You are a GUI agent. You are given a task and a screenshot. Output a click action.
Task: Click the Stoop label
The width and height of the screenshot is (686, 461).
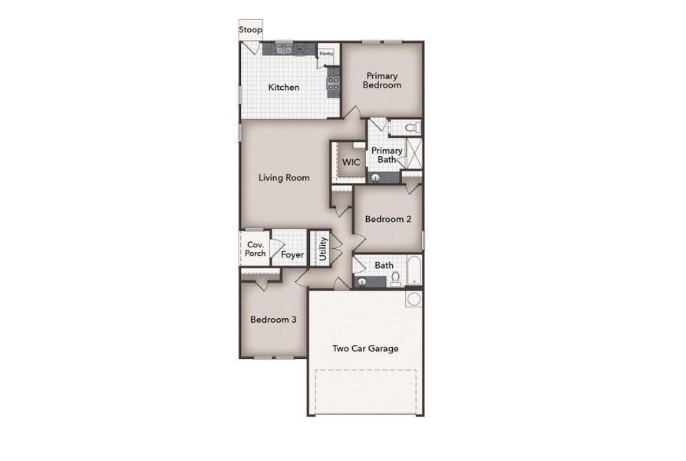click(250, 30)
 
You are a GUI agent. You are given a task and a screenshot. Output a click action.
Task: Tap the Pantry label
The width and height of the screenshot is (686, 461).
click(325, 54)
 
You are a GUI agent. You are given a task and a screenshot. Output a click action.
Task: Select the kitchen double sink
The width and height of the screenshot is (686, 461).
click(283, 50)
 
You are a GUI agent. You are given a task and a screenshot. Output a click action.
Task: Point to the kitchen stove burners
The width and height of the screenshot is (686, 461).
click(333, 80)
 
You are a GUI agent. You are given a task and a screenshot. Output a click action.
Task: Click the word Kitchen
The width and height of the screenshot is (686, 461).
click(283, 88)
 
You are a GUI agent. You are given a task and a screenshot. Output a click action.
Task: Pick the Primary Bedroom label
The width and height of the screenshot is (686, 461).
click(382, 81)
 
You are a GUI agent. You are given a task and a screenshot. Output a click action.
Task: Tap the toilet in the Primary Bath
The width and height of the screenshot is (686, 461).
click(411, 128)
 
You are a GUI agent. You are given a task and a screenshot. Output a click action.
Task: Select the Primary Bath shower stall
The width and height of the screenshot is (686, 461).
click(412, 154)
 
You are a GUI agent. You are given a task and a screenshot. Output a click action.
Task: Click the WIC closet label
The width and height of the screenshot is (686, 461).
click(351, 163)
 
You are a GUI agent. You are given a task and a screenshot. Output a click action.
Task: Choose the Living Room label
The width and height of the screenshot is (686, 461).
click(284, 177)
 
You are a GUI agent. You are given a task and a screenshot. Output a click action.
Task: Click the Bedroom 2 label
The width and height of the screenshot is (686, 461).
click(388, 219)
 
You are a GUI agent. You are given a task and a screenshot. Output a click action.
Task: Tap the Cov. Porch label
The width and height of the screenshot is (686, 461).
click(256, 249)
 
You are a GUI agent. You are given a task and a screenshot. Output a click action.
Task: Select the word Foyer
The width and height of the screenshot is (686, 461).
click(292, 255)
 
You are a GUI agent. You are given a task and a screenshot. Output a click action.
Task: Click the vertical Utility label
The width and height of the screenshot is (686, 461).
click(323, 249)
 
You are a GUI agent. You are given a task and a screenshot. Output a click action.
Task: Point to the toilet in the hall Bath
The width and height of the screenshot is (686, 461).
click(395, 280)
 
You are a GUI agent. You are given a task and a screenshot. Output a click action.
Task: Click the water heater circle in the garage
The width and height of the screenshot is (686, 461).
click(414, 299)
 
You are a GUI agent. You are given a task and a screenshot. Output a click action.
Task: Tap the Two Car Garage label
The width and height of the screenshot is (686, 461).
click(365, 349)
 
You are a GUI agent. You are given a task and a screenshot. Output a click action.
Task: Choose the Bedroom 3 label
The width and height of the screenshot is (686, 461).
click(273, 320)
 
